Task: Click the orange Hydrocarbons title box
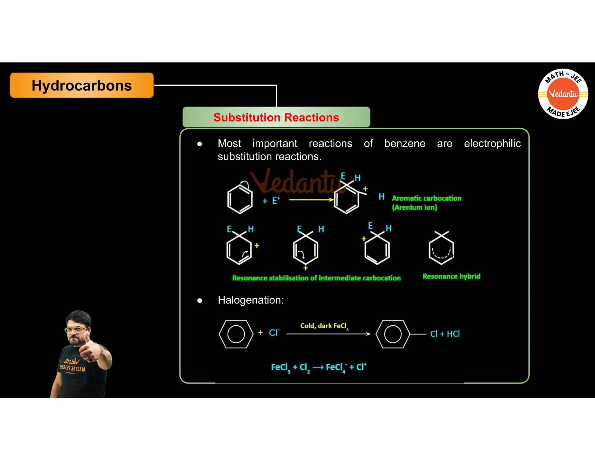[82, 85]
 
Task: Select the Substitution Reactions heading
[276, 117]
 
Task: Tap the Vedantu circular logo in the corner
[563, 94]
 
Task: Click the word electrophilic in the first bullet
[492, 144]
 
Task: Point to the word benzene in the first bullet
[405, 144]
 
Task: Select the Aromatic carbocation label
[426, 198]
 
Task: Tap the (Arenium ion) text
[414, 208]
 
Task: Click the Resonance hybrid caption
[451, 276]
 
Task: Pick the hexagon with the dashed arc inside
[441, 250]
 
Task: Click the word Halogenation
[250, 300]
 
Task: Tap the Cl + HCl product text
[445, 334]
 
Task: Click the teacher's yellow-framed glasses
[76, 330]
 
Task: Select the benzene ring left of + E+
[240, 199]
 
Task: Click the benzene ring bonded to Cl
[393, 334]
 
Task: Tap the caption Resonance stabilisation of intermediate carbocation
[316, 278]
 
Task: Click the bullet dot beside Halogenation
[200, 300]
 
